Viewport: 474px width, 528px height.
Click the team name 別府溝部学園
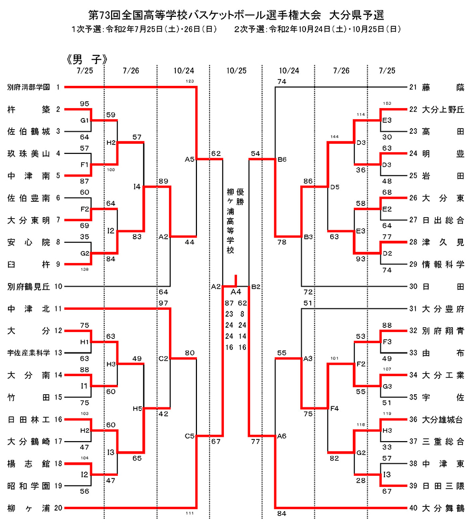28,87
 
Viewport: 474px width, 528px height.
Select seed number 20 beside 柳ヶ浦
58,508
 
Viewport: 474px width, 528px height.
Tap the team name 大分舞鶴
443,508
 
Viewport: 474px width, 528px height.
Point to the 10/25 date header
236,70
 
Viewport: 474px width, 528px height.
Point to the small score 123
190,81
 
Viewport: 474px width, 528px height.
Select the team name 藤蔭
443,87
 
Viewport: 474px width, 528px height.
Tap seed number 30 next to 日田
413,286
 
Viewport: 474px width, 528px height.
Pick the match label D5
334,186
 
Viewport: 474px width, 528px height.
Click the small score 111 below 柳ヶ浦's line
190,513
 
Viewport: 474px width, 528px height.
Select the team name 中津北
28,309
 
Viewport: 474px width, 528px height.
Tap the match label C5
190,436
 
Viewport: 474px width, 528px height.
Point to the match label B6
282,159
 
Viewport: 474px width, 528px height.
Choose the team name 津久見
443,242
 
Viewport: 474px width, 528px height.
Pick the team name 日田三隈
443,485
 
